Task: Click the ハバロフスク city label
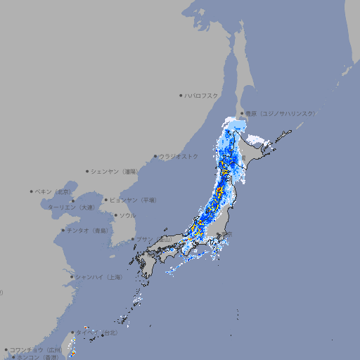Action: [202, 95]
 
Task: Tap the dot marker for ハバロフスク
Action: [181, 95]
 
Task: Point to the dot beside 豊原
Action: [242, 113]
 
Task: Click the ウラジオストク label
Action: [179, 156]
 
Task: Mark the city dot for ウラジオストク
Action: [155, 156]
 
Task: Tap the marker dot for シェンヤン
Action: [87, 171]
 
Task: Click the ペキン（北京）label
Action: [53, 191]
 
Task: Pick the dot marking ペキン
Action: [32, 191]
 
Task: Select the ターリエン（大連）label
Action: [71, 207]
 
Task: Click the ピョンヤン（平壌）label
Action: [133, 200]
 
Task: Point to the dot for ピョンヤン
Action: [106, 200]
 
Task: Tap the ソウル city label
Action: [127, 215]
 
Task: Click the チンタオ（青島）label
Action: [87, 231]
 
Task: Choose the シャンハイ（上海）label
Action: [98, 277]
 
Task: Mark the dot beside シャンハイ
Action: [72, 277]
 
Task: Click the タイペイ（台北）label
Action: [98, 332]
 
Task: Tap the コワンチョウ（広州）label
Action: [36, 349]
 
